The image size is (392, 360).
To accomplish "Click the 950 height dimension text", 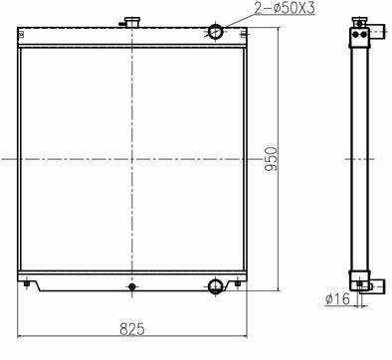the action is click(x=271, y=159).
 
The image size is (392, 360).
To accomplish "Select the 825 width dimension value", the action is click(x=132, y=329).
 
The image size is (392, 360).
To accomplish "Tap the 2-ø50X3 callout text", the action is click(x=285, y=8).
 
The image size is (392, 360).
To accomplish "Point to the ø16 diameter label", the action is click(x=337, y=298).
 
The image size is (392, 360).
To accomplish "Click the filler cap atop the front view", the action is click(x=132, y=23).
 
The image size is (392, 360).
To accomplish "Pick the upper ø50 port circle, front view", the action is click(x=216, y=32).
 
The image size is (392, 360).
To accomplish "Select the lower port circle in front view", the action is click(x=216, y=286).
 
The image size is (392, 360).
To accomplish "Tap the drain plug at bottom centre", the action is click(x=132, y=286).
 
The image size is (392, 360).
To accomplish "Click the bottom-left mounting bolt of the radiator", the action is click(x=27, y=284).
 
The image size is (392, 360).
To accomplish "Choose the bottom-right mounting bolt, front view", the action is click(x=238, y=283).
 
